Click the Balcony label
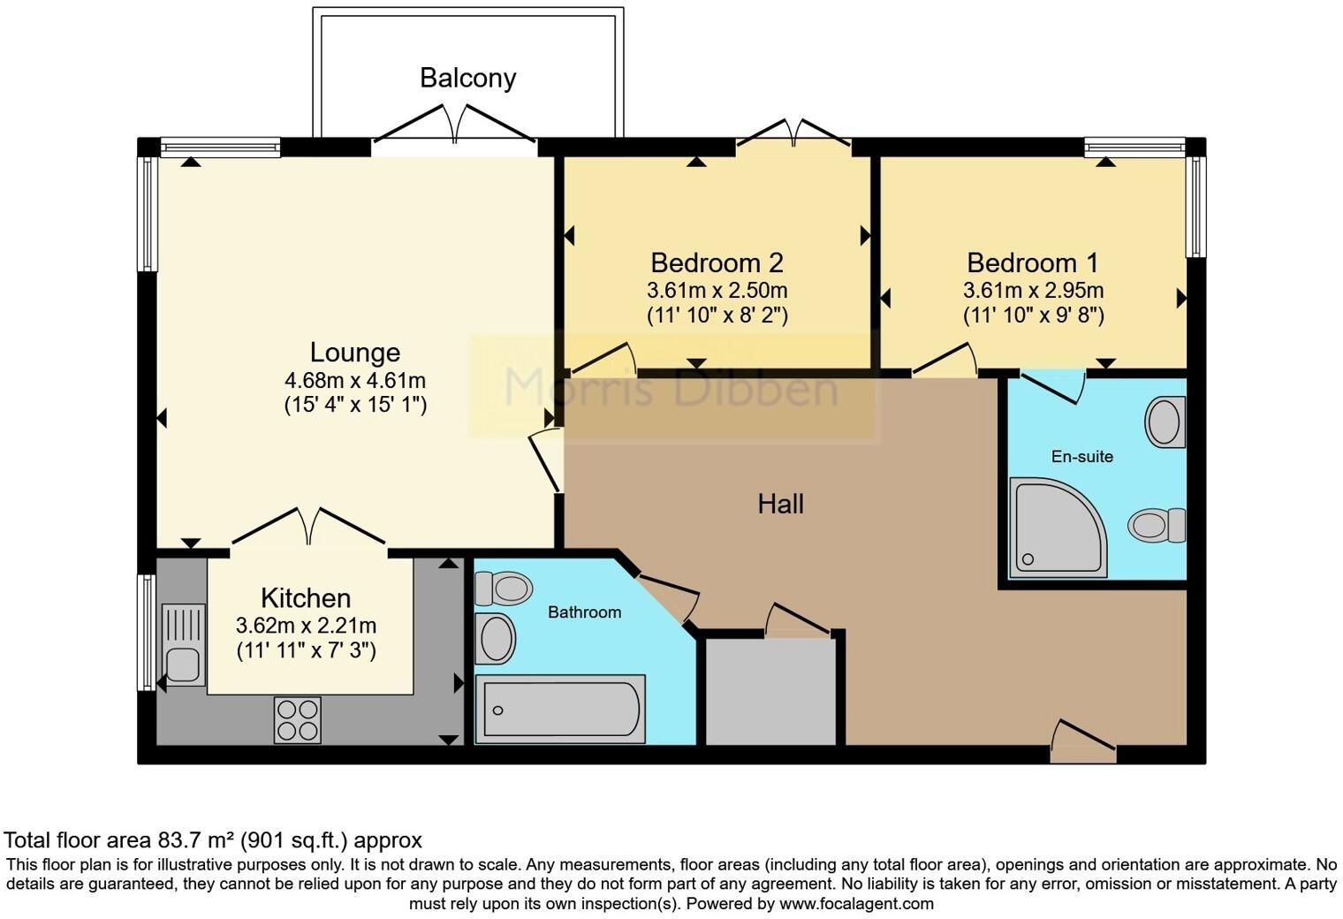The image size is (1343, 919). pyautogui.click(x=467, y=79)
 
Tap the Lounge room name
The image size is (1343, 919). pyautogui.click(x=355, y=353)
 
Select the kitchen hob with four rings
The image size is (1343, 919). pyautogui.click(x=298, y=720)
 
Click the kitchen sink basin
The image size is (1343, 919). pyautogui.click(x=183, y=665)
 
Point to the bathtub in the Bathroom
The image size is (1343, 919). pyautogui.click(x=560, y=710)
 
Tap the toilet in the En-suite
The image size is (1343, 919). pyautogui.click(x=1157, y=526)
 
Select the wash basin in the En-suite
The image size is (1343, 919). pyautogui.click(x=1165, y=422)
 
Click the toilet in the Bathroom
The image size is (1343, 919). pyautogui.click(x=505, y=589)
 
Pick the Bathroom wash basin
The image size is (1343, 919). pyautogui.click(x=495, y=638)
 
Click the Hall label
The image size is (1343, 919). pyautogui.click(x=781, y=505)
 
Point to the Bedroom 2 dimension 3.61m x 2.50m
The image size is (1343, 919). pyautogui.click(x=717, y=291)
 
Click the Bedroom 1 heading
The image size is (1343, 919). pyautogui.click(x=1033, y=263)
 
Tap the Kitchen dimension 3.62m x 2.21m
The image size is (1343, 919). pyautogui.click(x=306, y=626)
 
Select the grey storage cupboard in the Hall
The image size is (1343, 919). pyautogui.click(x=770, y=692)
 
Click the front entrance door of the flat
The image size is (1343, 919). pyautogui.click(x=1083, y=741)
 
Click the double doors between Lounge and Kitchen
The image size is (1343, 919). pyautogui.click(x=308, y=528)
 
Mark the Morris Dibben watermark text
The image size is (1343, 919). pyautogui.click(x=671, y=387)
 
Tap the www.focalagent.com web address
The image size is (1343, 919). pyautogui.click(x=856, y=903)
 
